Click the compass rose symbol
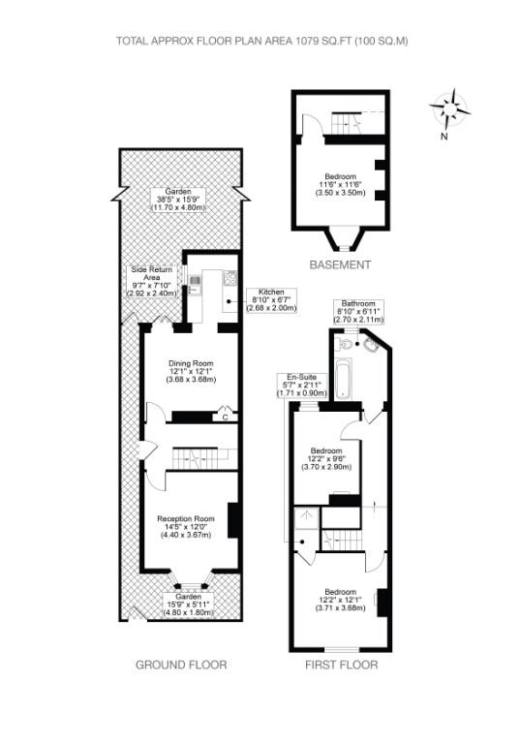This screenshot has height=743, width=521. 450,109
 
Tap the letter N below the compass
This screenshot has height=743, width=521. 444,137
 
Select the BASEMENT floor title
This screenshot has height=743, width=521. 340,264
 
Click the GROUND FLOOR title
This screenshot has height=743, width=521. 181,665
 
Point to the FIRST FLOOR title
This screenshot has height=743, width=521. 342,665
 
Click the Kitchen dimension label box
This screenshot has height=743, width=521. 271,300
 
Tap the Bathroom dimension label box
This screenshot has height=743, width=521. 358,311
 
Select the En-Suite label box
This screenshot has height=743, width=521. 302,386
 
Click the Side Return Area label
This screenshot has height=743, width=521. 152,282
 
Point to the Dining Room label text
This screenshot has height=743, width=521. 192,372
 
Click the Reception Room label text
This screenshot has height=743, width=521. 186,526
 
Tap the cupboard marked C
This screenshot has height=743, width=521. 226,416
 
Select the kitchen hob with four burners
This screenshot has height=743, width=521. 230,278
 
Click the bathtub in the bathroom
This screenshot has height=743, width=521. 343,379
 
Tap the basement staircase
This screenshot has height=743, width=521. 349,123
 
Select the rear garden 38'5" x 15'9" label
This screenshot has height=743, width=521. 178,200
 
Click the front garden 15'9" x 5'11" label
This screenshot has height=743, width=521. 189,604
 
